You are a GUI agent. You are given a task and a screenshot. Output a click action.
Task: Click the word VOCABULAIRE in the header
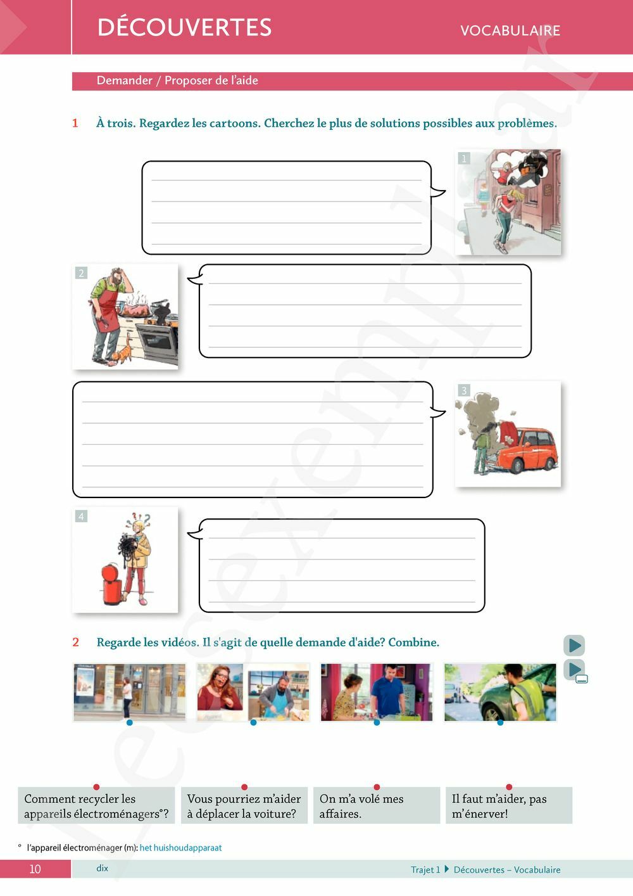[510, 30]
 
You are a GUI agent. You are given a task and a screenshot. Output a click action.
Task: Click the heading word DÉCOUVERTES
[185, 27]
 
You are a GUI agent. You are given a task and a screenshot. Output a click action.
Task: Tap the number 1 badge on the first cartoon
[464, 158]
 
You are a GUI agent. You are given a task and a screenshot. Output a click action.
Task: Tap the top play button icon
[574, 645]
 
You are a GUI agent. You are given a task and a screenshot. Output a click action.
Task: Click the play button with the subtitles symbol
[575, 670]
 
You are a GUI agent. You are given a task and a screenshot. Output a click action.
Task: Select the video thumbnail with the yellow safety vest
[500, 692]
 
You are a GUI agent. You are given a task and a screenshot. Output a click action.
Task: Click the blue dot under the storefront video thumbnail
[130, 722]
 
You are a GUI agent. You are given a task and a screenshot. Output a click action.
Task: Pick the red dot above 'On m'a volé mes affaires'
[377, 787]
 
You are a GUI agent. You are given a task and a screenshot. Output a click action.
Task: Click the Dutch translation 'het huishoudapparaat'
[180, 848]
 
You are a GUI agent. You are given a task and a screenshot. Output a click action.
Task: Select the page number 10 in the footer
[35, 869]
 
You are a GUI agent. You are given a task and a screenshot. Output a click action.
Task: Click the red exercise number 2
[75, 642]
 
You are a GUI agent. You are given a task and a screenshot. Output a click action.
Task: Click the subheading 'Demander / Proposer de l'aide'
[177, 80]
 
